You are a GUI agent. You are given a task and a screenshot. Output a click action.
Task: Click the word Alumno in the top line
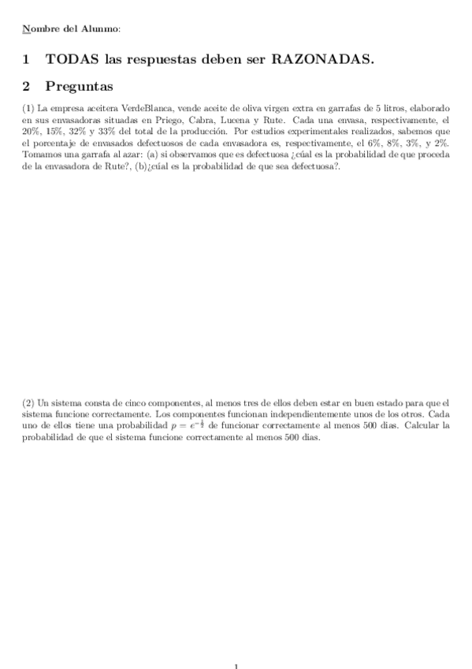[101, 29]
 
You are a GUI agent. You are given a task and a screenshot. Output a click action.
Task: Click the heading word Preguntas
[80, 85]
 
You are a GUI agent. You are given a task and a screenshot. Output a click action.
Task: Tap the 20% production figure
[32, 132]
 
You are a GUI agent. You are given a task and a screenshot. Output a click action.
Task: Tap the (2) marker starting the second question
[28, 402]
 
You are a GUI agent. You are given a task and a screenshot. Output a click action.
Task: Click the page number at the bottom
[236, 665]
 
